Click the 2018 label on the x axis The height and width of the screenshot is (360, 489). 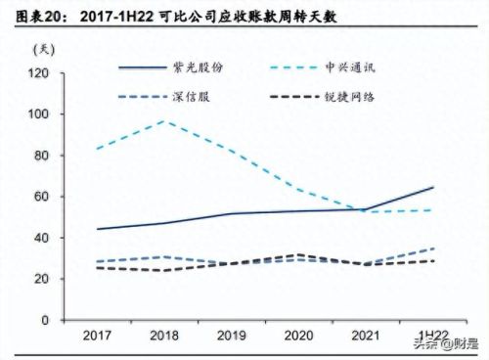162,336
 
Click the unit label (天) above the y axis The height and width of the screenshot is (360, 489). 44,49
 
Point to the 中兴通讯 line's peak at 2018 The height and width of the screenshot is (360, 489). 162,121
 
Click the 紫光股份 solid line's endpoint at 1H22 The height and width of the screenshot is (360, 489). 433,187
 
